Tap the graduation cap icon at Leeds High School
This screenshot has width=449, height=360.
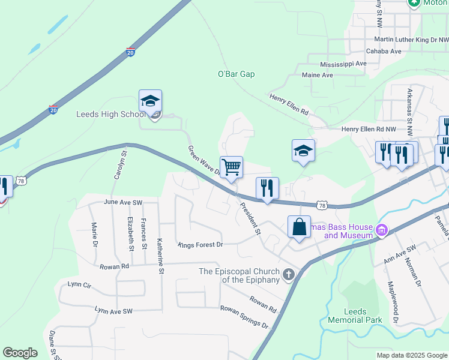(x=150, y=101)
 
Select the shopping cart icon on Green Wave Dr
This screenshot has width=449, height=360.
(x=231, y=167)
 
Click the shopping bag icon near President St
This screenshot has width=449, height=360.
(x=299, y=227)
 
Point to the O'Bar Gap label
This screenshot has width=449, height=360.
(x=237, y=74)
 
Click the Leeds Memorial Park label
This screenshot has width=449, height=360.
(x=355, y=316)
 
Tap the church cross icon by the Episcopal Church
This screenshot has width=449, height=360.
(x=289, y=275)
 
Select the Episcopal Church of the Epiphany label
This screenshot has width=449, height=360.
(x=239, y=275)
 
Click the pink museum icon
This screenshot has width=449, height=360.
(x=381, y=230)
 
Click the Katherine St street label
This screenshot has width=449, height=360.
(x=161, y=254)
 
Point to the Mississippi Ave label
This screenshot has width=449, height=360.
(x=343, y=64)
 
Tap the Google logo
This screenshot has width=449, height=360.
(x=20, y=353)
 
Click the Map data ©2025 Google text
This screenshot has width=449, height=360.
(x=411, y=355)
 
